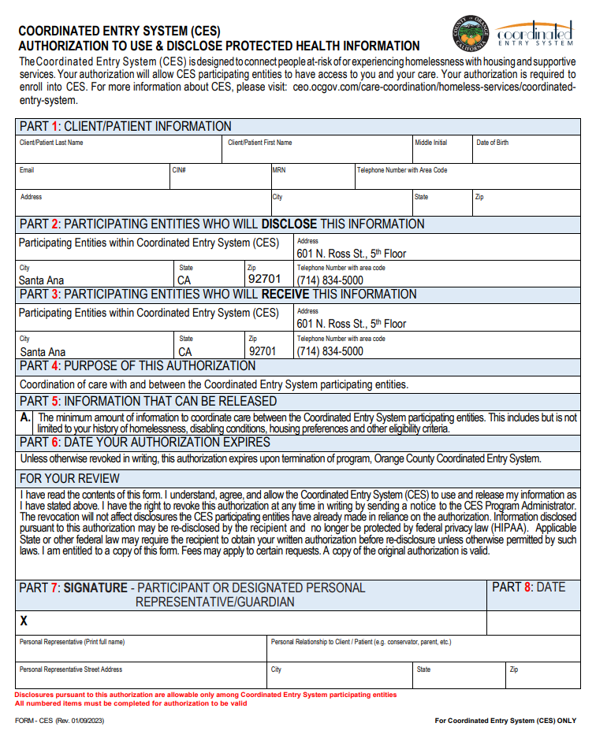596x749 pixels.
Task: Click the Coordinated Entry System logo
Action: tap(535, 33)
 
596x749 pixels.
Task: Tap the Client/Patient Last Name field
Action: tap(118, 151)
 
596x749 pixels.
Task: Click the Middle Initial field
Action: tap(441, 151)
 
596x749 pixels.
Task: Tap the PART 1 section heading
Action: tap(125, 126)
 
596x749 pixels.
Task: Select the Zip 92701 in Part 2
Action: tap(264, 280)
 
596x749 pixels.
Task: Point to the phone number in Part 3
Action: tap(330, 351)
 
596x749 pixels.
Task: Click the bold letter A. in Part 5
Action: tap(25, 417)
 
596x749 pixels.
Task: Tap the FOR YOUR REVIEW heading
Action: tap(70, 478)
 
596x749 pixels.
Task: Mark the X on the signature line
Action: tap(24, 621)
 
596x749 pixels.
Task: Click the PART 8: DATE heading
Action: tap(528, 588)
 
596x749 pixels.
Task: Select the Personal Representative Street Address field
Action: tap(142, 677)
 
